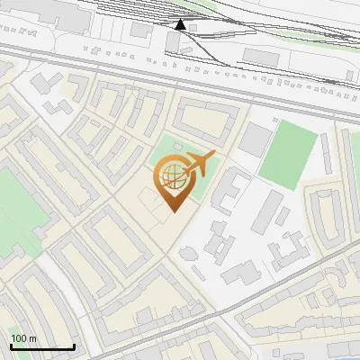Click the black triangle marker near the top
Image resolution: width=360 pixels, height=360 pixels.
(181, 24)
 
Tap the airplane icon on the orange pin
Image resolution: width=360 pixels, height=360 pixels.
(198, 165)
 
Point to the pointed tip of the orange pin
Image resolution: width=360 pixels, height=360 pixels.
(173, 211)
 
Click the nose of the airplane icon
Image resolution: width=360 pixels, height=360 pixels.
(213, 157)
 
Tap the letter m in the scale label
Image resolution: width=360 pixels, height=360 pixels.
(33, 338)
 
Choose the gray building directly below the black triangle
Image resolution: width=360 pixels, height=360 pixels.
(172, 41)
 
